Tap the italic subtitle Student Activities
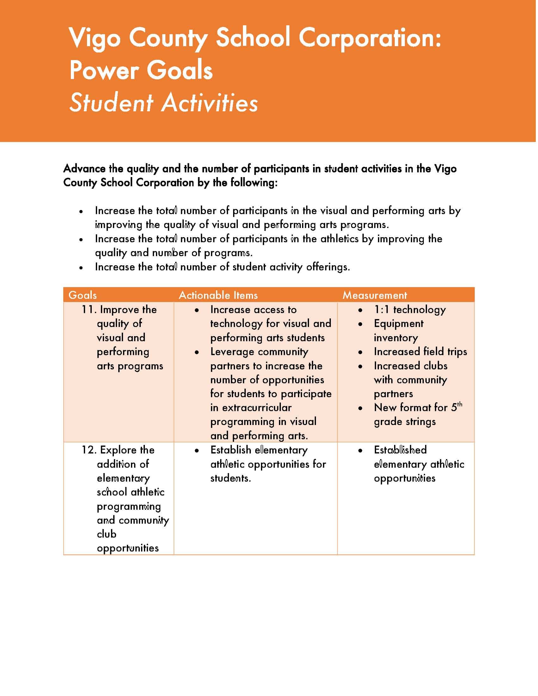[x=164, y=103]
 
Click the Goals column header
[x=83, y=295]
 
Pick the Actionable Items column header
[x=218, y=295]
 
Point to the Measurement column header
[x=375, y=295]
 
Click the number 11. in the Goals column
[x=89, y=310]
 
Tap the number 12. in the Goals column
[x=89, y=450]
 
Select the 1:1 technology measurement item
[x=410, y=310]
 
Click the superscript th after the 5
[x=459, y=404]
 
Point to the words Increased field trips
[x=420, y=352]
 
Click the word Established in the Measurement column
[x=400, y=450]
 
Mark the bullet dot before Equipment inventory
[x=361, y=324]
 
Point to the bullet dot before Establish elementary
[x=197, y=451]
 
